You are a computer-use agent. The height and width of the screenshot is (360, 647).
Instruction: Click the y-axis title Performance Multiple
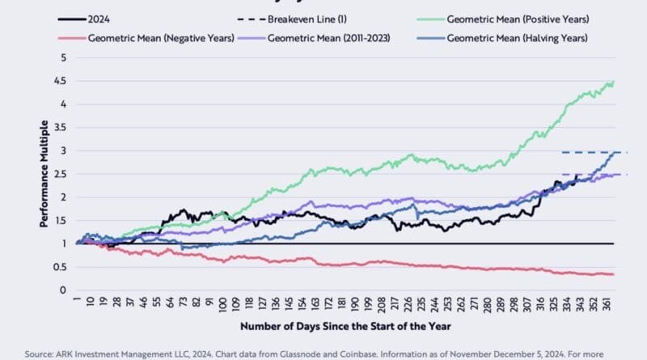point(44,173)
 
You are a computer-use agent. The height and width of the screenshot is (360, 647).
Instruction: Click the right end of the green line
point(613,82)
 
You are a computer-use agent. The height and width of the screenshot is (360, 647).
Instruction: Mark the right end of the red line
point(613,274)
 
